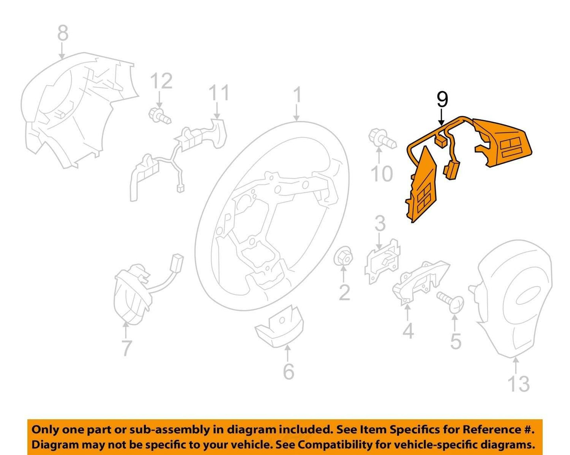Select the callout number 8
point(63,33)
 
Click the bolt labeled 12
point(160,116)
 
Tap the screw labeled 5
point(450,302)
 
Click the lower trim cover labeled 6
point(279,327)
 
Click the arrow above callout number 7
point(125,330)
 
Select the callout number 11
point(219,93)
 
